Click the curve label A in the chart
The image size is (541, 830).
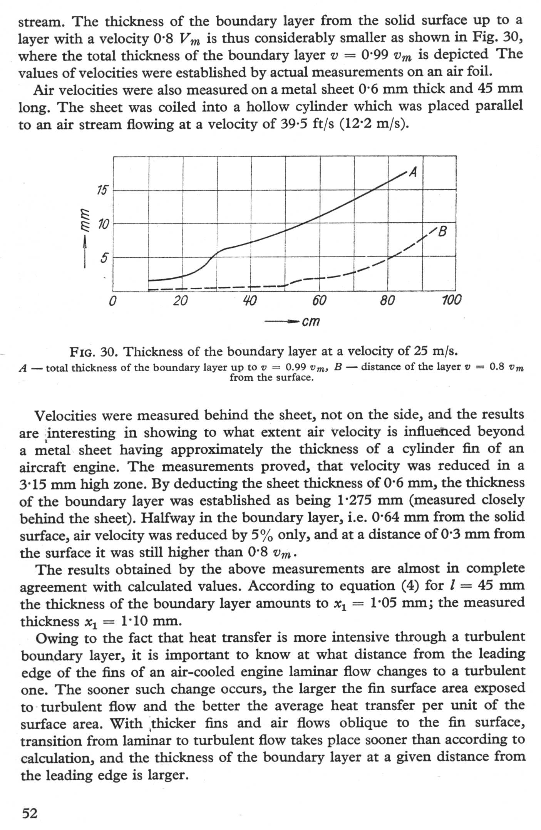(413, 172)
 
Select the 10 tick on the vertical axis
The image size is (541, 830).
(102, 224)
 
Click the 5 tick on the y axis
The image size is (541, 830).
(104, 258)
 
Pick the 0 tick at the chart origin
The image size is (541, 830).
(112, 300)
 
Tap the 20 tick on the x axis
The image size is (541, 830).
(180, 300)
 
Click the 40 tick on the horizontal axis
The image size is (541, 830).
(250, 300)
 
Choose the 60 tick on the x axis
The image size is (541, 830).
(318, 300)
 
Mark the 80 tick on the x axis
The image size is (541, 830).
(387, 300)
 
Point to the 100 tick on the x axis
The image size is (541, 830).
(451, 300)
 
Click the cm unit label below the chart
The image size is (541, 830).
(311, 321)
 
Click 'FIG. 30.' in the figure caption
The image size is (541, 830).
(95, 352)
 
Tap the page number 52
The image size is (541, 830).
(30, 813)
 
